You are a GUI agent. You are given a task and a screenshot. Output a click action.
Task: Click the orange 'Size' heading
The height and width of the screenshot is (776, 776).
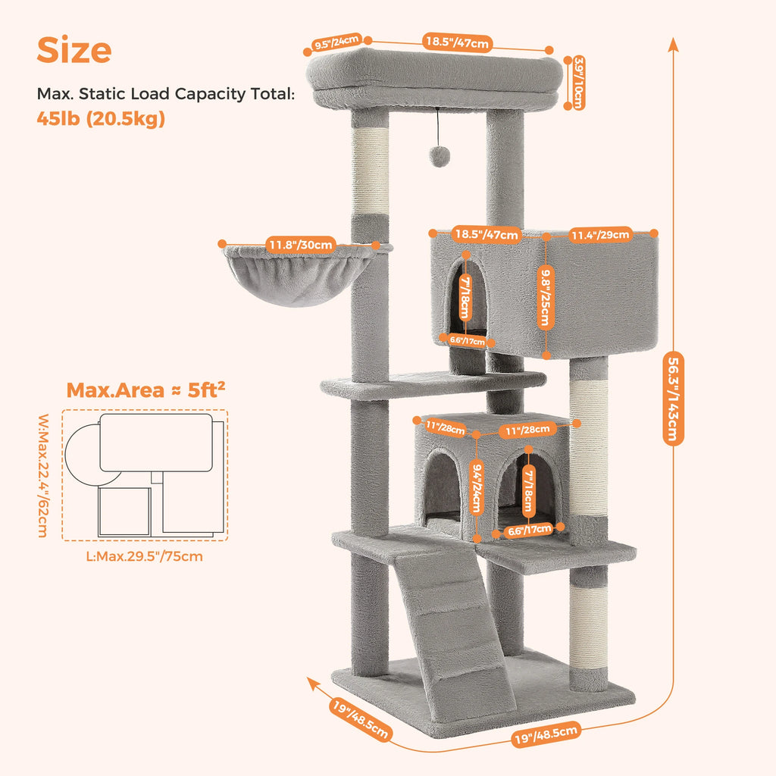[74, 50]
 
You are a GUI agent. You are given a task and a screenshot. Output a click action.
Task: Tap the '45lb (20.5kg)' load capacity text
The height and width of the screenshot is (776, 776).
[101, 119]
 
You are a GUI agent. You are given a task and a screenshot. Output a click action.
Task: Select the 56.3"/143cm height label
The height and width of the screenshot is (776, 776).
[672, 398]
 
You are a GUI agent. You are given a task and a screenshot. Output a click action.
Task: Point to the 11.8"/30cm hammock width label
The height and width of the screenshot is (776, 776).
[300, 244]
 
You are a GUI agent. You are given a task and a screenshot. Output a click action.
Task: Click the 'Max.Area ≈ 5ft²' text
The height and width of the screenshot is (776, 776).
[145, 390]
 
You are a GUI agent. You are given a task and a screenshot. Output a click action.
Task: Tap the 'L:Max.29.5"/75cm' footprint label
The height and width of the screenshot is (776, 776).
[145, 555]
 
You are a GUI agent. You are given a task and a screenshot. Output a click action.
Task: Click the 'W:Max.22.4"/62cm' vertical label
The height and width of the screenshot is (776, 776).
[44, 474]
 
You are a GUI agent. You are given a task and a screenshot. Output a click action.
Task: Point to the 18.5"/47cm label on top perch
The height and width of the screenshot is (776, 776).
[456, 42]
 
